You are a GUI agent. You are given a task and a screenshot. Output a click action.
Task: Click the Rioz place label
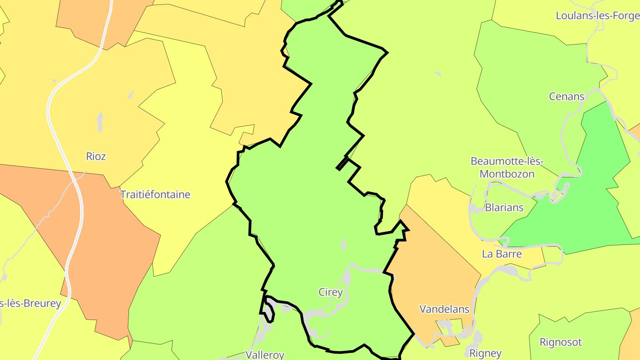tap(96, 156)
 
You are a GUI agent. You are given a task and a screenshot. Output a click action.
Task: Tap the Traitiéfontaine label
tap(155, 195)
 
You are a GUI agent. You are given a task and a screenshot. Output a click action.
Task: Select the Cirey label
tap(331, 292)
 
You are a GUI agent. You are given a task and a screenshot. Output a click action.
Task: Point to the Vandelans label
tap(444, 309)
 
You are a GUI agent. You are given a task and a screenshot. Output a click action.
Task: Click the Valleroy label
tap(265, 355)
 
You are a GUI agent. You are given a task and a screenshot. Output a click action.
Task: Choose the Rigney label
tap(486, 353)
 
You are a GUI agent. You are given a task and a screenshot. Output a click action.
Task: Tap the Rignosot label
tap(560, 342)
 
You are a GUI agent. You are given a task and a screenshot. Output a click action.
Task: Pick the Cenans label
tap(567, 96)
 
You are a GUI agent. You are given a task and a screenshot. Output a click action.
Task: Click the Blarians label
tap(504, 208)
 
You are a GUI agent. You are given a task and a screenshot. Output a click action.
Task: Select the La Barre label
tap(502, 254)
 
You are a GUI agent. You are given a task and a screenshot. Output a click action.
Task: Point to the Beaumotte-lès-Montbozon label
tap(507, 167)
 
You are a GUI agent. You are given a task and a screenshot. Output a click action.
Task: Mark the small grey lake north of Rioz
tap(100, 121)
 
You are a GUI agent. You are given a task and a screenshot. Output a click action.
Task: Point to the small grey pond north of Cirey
tap(343, 244)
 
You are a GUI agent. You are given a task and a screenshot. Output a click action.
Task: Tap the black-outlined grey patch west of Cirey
tap(269, 308)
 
